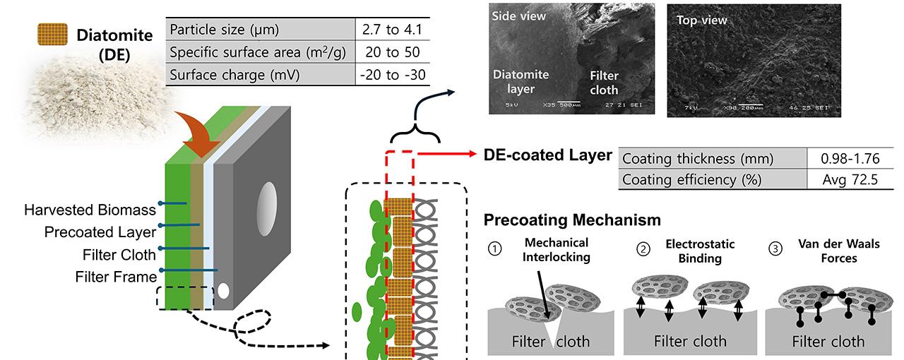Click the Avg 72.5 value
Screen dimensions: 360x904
pos(850,179)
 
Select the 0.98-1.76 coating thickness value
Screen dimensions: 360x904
pos(850,158)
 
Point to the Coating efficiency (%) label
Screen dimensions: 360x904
pos(692,179)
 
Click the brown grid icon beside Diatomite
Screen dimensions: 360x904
pos(52,35)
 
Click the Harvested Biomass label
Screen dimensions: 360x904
pos(90,210)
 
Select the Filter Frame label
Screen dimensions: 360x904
pos(116,276)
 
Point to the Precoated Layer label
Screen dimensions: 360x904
pos(99,232)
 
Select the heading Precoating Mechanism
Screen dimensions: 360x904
pos(573,220)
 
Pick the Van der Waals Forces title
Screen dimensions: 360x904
pos(828,251)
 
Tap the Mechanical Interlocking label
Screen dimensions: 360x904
pos(556,250)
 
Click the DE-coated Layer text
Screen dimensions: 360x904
pos(547,155)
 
